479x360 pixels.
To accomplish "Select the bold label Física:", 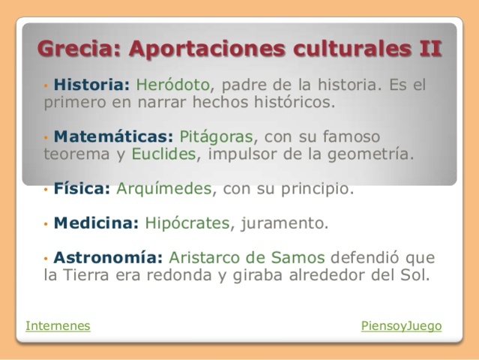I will coord(82,189).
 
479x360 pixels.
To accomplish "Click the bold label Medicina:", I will coord(97,223).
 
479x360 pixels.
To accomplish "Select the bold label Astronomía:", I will coord(108,258).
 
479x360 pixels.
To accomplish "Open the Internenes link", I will coord(58,326).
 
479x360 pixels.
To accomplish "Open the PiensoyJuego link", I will coord(401,326).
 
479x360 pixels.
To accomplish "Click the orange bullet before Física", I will coord(46,190).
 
